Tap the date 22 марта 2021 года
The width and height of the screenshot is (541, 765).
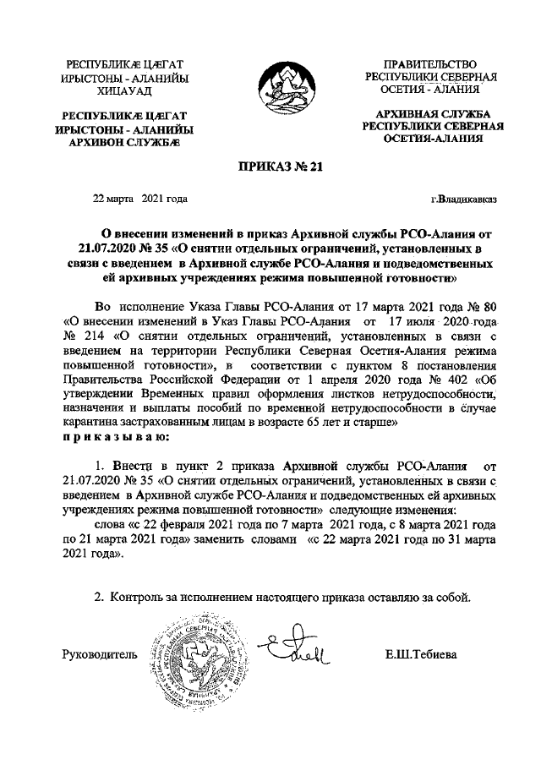click(x=139, y=199)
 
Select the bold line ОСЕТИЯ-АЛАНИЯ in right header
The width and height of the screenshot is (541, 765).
click(x=433, y=139)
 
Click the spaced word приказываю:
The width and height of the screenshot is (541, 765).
click(x=116, y=436)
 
